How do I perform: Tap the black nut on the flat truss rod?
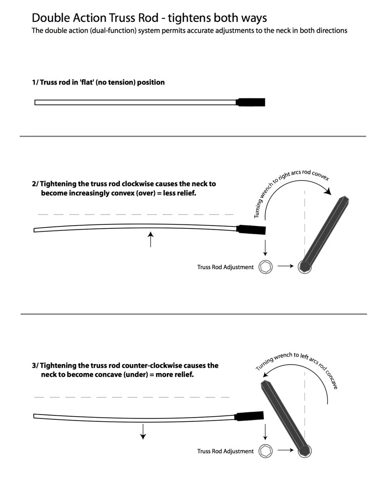pyautogui.click(x=250, y=103)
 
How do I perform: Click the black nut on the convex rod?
pyautogui.click(x=251, y=230)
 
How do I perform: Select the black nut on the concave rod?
pyautogui.click(x=249, y=416)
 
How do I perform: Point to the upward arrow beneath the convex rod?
pyautogui.click(x=150, y=239)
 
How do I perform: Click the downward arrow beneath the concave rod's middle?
pyautogui.click(x=143, y=431)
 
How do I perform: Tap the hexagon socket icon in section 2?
pyautogui.click(x=265, y=267)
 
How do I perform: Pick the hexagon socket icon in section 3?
pyautogui.click(x=265, y=451)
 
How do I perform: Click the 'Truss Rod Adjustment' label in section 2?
pyautogui.click(x=225, y=267)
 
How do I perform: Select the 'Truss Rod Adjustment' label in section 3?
pyautogui.click(x=225, y=451)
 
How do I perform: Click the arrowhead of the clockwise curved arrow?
pyautogui.click(x=328, y=191)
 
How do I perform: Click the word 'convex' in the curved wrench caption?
pyautogui.click(x=320, y=175)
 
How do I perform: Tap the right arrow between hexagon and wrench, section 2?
pyautogui.click(x=286, y=266)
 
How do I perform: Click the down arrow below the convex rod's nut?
pyautogui.click(x=265, y=247)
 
